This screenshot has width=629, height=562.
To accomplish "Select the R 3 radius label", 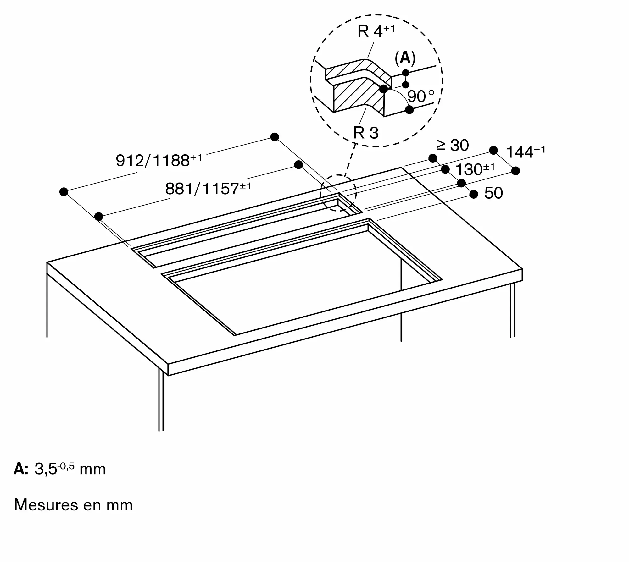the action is click(366, 133).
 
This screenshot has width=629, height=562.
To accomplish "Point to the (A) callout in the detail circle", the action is click(405, 58).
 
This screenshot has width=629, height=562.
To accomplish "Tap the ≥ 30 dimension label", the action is click(453, 145).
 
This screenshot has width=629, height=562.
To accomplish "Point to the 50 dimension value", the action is click(493, 193).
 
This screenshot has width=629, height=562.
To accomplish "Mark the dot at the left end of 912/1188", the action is click(64, 191).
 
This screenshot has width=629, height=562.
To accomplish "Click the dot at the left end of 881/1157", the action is click(99, 216).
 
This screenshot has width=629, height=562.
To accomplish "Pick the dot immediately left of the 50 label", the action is click(474, 195).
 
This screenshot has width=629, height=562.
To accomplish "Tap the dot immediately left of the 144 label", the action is click(493, 151).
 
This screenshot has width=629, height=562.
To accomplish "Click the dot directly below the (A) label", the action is click(406, 73).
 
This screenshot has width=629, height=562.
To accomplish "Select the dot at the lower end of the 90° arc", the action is click(409, 110).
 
